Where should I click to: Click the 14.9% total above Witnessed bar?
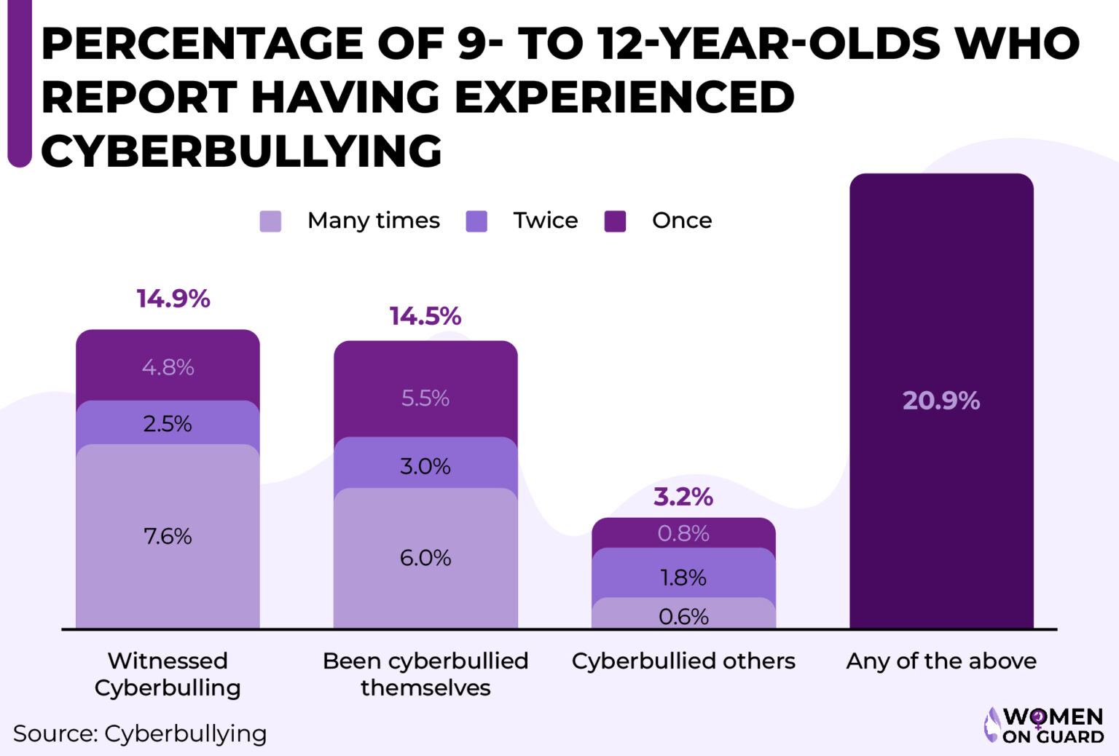tap(173, 299)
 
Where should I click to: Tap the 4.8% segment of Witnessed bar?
tap(168, 367)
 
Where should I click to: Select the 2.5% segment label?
tap(168, 424)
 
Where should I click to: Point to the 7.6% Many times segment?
tap(168, 537)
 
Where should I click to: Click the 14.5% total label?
tap(425, 316)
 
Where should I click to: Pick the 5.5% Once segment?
tap(425, 398)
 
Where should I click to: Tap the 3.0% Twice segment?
tap(425, 466)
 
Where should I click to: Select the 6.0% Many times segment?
tap(425, 559)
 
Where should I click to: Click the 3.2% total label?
tap(683, 497)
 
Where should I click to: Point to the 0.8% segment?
tap(683, 534)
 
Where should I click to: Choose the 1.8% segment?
tap(683, 578)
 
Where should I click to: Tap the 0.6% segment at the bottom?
tap(683, 617)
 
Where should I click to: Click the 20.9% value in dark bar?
tap(941, 401)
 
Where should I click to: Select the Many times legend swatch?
tap(270, 221)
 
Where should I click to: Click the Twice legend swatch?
tap(476, 221)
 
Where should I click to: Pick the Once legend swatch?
tap(615, 221)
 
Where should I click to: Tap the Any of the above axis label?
tap(941, 661)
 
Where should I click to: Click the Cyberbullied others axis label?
tap(683, 661)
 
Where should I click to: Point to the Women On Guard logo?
tap(1044, 725)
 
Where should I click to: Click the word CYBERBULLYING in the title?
tap(241, 151)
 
